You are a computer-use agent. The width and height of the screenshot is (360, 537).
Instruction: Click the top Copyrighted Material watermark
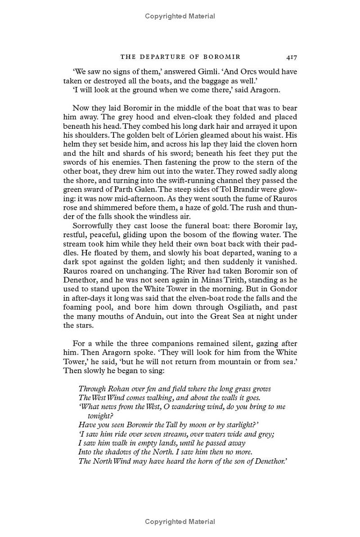[180, 16]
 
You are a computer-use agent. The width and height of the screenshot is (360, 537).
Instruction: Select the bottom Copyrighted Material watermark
[180, 522]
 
